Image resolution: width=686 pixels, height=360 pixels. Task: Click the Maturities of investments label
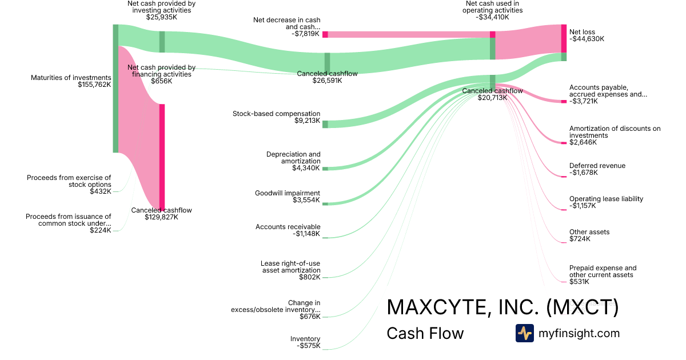coord(71,78)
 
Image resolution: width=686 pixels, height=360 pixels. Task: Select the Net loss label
coord(583,32)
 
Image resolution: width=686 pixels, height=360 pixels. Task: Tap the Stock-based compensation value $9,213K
coord(307,121)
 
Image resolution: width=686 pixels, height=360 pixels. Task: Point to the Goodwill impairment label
coord(288,193)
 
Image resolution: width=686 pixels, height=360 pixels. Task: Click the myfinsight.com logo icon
coord(524,333)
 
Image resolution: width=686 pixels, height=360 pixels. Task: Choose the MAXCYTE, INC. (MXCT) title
coord(502,307)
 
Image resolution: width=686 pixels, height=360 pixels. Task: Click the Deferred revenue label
coord(597,166)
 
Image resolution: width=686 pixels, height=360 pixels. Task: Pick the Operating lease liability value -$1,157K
coord(583,206)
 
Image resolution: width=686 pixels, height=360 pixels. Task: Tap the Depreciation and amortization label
coord(293,158)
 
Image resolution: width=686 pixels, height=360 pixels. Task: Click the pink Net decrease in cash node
coord(325,34)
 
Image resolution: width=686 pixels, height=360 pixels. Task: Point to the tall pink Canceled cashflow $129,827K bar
coord(162,157)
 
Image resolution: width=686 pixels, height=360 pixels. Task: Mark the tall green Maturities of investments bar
coord(115,89)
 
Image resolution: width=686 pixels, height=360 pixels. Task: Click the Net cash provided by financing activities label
coord(162,71)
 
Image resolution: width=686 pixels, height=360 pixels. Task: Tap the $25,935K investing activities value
coord(162,17)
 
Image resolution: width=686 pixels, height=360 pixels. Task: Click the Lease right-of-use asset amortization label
coord(290,267)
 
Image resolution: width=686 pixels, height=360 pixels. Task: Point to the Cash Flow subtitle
coord(425,333)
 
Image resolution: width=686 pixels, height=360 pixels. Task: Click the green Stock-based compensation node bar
coord(325,124)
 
